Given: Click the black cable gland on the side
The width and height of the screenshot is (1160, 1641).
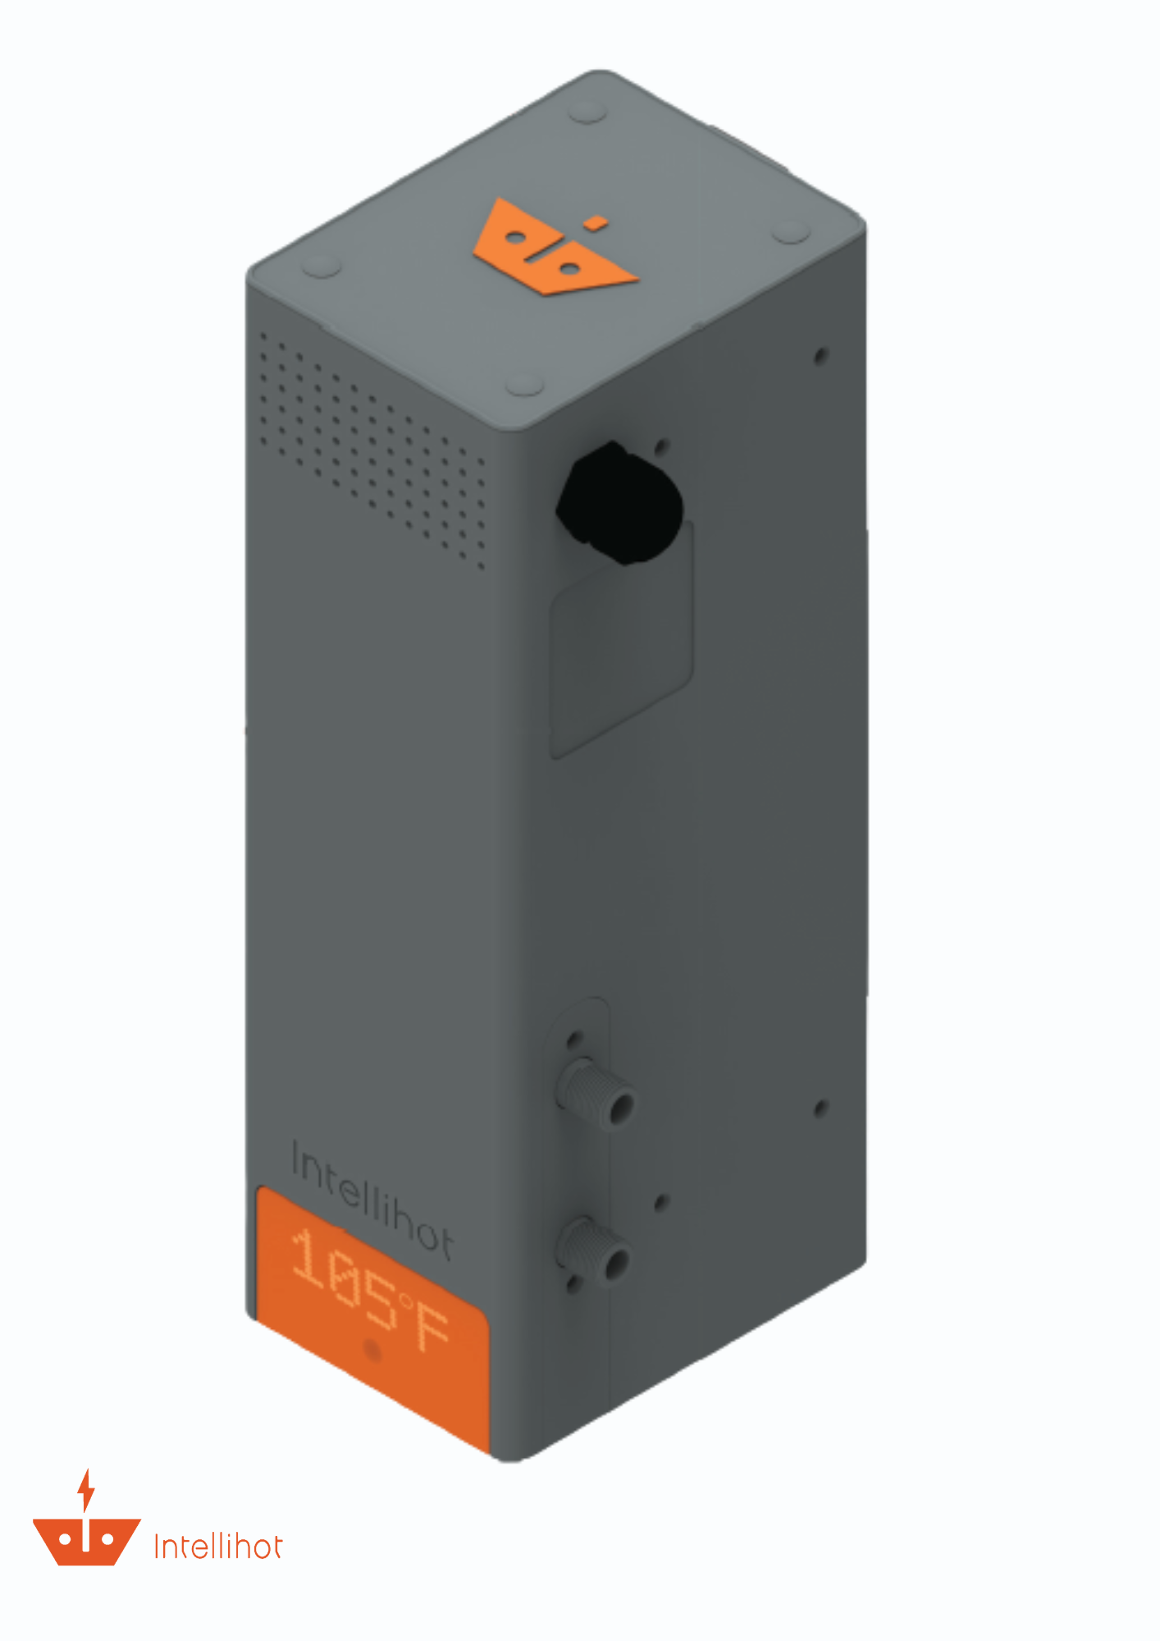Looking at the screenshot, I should tap(621, 503).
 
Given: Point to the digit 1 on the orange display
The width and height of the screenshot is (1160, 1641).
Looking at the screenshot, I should tap(310, 1256).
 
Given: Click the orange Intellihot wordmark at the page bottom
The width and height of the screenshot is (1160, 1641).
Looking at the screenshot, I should tap(218, 1547).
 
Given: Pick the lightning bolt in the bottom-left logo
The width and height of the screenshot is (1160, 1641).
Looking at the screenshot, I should tap(86, 1490).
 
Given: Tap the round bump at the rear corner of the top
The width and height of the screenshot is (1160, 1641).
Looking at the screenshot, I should tap(587, 112).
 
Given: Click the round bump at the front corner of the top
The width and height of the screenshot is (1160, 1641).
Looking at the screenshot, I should tap(523, 384).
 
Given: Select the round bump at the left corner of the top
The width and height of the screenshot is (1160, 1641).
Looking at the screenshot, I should tap(322, 266).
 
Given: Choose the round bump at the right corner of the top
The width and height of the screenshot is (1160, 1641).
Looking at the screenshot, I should tap(791, 231).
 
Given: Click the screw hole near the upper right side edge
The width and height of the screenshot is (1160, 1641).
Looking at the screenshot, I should tap(820, 355).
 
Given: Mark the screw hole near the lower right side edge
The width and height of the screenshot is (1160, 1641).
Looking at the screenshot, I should tap(820, 1109).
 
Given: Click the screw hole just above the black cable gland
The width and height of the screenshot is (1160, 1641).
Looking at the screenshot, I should tap(662, 446).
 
